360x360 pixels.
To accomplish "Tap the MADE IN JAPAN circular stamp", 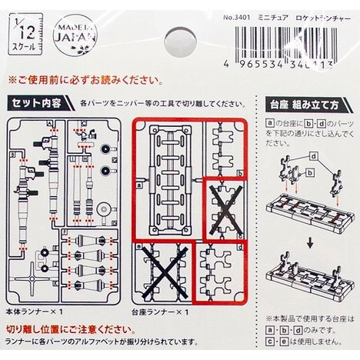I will coord(75,35).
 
